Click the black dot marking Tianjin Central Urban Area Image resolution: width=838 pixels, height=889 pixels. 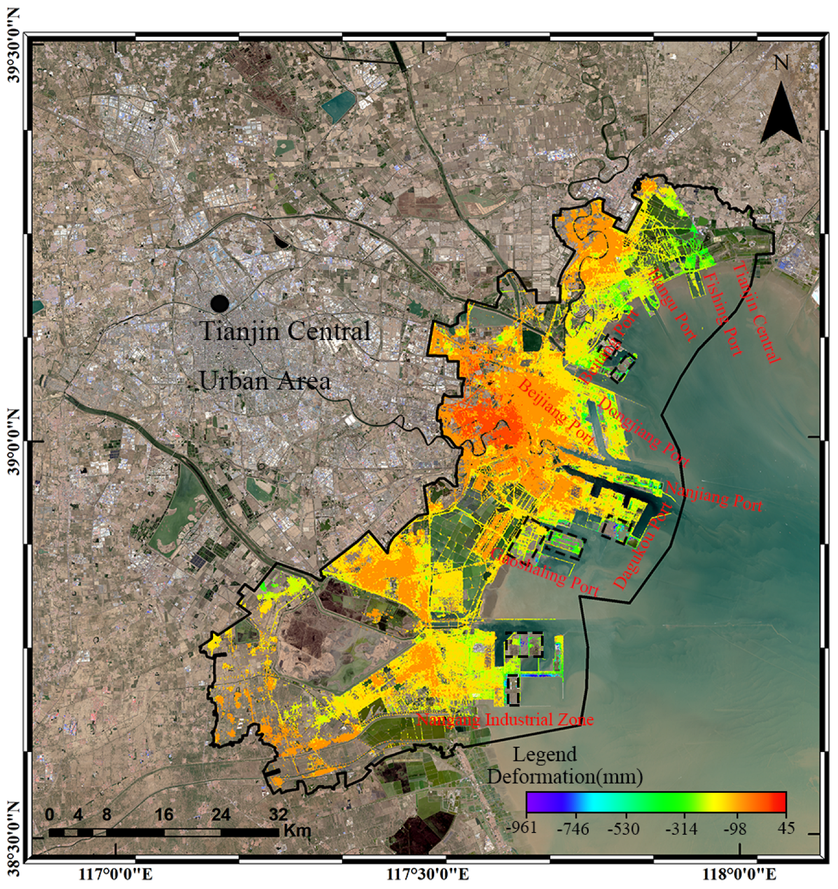point(219,303)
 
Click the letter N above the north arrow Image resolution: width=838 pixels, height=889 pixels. point(781,63)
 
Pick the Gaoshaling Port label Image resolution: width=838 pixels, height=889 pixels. point(546,572)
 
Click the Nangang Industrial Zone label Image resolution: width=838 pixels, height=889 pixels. point(505,719)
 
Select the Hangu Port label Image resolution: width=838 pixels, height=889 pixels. point(672,304)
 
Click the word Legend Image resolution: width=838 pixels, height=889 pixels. point(544,754)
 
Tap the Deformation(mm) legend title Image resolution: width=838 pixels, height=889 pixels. point(565,776)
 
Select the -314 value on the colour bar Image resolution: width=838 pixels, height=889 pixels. point(680,828)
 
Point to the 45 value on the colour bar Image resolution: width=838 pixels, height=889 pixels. point(786,828)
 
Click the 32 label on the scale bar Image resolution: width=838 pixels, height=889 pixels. point(278,814)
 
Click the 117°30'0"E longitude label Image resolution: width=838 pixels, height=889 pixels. point(428,874)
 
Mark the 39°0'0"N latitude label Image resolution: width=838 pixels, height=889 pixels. point(13,442)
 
